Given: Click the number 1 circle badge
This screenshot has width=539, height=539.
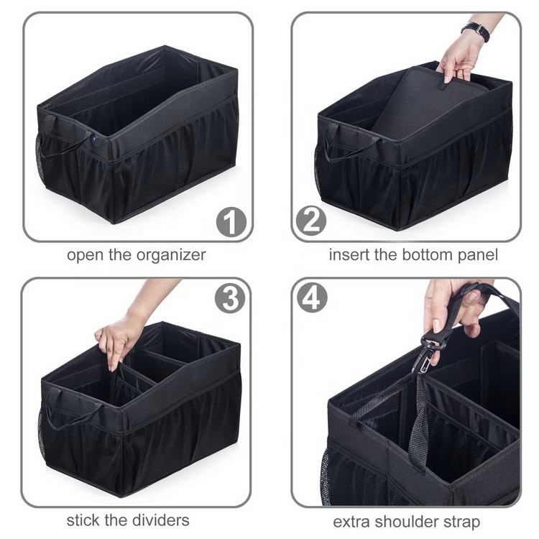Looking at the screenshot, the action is [231, 222].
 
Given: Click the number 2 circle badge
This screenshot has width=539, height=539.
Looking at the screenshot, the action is [311, 220].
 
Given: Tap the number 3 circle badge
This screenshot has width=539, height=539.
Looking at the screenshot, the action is [230, 298].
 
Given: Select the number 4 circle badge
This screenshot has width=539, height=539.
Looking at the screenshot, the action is [312, 297].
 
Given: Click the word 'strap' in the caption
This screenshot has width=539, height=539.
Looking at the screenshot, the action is [461, 522].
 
